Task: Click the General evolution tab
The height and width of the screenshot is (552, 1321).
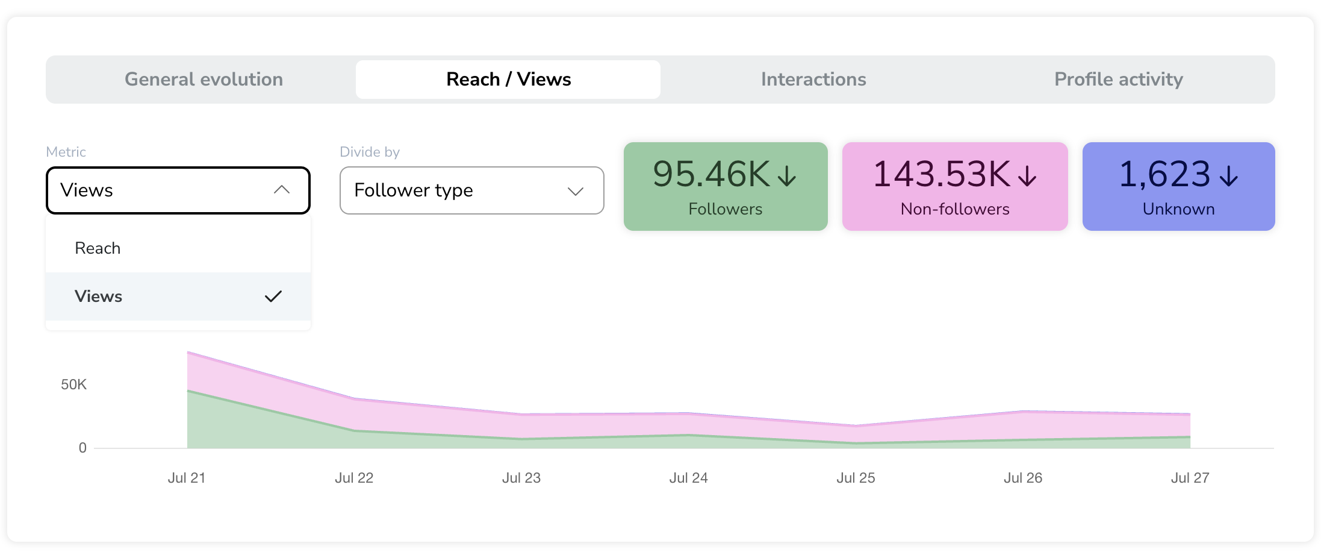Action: coord(204,79)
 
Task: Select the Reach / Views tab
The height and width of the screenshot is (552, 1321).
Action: coord(508,79)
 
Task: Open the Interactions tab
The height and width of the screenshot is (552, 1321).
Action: coord(813,79)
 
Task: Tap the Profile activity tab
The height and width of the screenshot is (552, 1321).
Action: coord(1119,79)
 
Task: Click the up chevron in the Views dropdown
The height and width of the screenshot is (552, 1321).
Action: coord(282,190)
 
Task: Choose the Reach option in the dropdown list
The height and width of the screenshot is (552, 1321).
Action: coord(98,248)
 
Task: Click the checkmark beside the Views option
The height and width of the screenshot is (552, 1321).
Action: coord(273,296)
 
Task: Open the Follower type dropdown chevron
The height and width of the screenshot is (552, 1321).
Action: coord(576,191)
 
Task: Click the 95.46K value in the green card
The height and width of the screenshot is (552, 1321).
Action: coord(711,174)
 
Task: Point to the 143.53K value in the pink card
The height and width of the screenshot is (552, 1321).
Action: coord(942,174)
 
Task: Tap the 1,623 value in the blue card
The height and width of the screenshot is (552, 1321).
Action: coord(1164,174)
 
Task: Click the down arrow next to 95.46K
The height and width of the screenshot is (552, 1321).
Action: coord(787,175)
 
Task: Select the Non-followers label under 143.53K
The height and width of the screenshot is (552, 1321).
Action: coord(955,209)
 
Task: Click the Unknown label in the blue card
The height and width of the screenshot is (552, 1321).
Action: coord(1178,209)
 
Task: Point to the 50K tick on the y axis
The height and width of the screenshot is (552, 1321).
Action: coord(73,384)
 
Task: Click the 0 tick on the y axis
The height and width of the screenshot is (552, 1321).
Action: coord(82,448)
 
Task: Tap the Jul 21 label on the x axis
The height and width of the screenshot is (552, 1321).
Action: coord(187,478)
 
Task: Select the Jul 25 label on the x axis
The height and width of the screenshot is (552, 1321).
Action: coord(856,478)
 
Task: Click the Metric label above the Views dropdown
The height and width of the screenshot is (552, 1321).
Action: coord(66,152)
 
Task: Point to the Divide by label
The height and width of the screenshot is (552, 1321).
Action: coord(370,152)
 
